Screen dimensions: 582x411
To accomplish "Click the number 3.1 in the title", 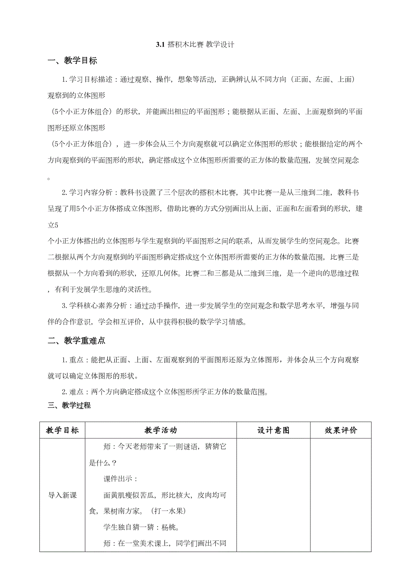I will tap(160, 45).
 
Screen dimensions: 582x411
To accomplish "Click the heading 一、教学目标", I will tap(72, 61).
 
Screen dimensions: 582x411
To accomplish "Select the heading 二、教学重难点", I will tap(76, 341).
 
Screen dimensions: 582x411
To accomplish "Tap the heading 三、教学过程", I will tap(69, 405).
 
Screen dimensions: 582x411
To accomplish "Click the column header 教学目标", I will tap(62, 430).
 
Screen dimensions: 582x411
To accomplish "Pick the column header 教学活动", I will tap(160, 430).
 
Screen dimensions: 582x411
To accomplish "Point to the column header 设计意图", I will tap(273, 430).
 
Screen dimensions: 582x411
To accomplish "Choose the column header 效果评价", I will tap(341, 430).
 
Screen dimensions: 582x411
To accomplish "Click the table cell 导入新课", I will tap(62, 495).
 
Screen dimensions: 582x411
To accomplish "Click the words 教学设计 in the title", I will tap(220, 45).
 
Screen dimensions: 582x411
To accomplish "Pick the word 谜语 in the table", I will tap(187, 446).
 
